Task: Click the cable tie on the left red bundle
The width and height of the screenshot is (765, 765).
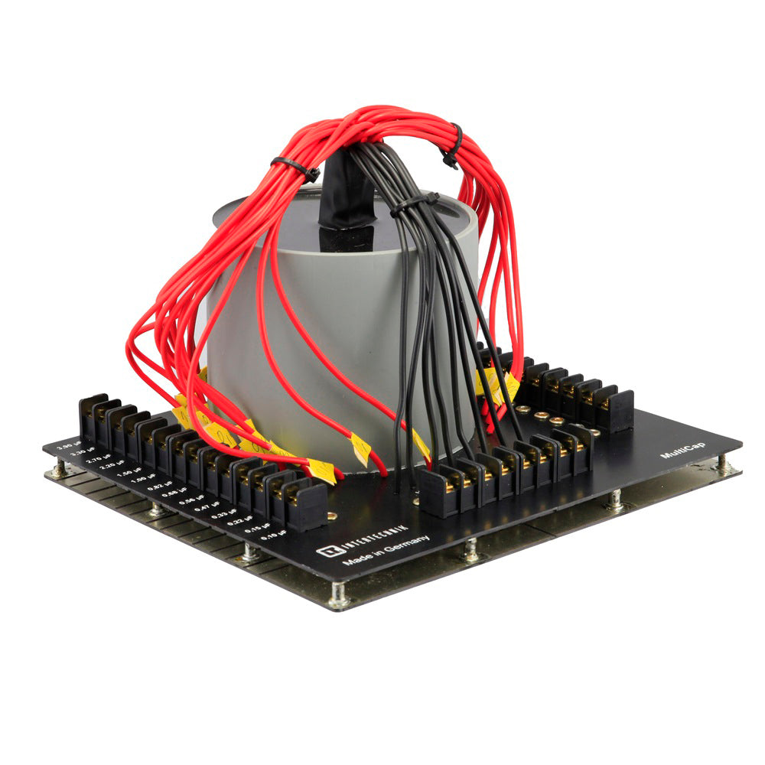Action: coord(295,168)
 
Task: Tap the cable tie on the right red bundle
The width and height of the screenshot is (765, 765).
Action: coord(452,145)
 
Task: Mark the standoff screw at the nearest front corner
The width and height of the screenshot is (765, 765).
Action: coord(339,595)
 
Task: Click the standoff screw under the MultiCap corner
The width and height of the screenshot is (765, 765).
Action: coord(721,463)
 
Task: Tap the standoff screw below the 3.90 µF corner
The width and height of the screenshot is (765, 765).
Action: coord(58,468)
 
